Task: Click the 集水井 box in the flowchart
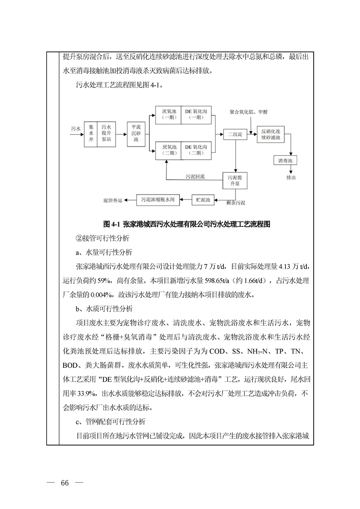point(91,134)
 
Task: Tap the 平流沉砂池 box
point(136,134)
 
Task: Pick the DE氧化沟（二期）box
point(196,150)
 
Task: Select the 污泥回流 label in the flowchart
point(195,176)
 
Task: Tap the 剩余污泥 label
point(236,202)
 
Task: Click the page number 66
point(64,482)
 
